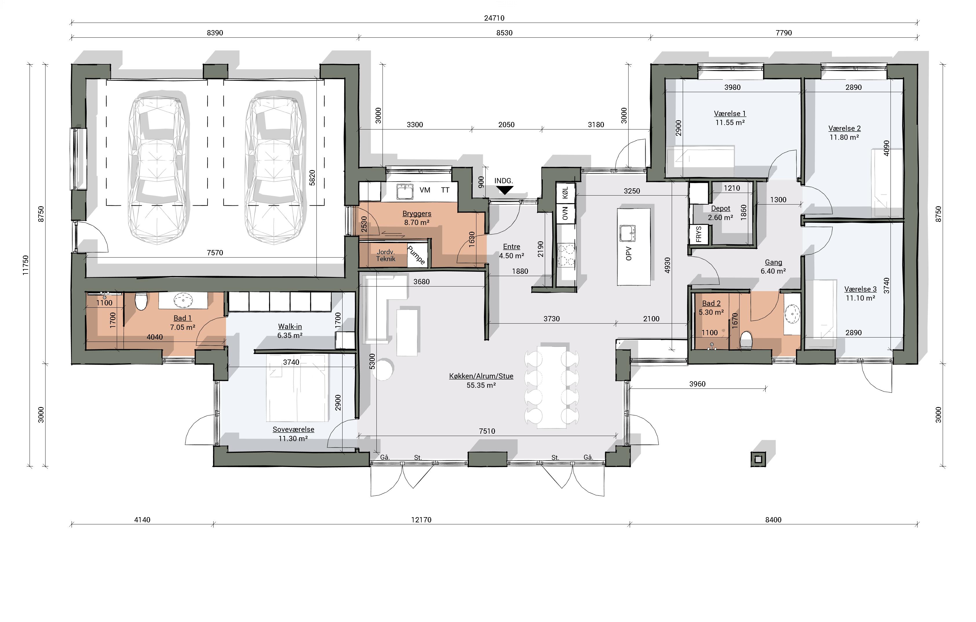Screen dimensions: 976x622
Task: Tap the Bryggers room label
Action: click(417, 214)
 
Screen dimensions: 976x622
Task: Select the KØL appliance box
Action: click(565, 193)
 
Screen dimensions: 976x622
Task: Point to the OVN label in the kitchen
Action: click(565, 213)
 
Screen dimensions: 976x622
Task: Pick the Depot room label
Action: click(721, 208)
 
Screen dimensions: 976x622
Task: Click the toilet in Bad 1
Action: click(141, 301)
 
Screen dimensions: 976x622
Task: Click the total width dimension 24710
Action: click(494, 18)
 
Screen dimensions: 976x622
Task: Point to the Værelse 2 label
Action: click(844, 128)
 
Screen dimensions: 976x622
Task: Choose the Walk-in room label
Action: click(290, 326)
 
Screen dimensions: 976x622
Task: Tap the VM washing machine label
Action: click(425, 190)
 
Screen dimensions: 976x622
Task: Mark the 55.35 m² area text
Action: click(481, 385)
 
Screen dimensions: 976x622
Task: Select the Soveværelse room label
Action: click(294, 430)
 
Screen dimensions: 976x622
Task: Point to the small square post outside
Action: click(758, 459)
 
